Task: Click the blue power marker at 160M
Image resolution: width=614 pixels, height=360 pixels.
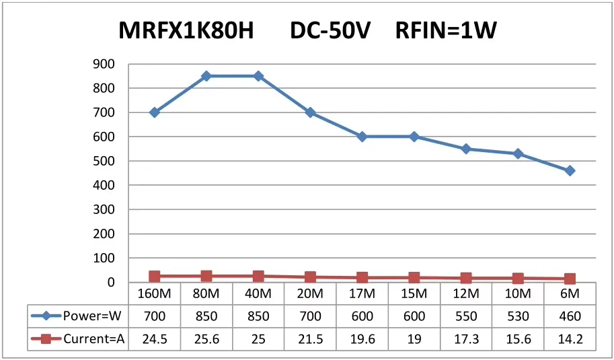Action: [154, 112]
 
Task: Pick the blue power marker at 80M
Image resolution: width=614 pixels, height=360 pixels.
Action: [206, 76]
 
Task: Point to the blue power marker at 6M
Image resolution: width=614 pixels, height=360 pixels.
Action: [570, 171]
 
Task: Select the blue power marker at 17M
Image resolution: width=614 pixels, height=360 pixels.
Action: [362, 137]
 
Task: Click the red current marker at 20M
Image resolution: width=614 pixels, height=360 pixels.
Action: [310, 277]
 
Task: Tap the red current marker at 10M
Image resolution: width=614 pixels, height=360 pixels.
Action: [518, 279]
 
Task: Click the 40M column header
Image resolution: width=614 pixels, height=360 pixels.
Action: [258, 294]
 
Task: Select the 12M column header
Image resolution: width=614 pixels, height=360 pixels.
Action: [466, 294]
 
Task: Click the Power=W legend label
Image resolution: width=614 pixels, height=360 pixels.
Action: [93, 316]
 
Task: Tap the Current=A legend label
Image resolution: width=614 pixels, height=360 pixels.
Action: [94, 339]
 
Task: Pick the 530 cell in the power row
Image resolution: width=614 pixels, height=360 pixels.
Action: [518, 316]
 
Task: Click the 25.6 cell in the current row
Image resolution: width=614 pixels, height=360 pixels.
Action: [206, 339]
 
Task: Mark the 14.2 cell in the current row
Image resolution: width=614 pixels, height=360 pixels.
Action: [570, 339]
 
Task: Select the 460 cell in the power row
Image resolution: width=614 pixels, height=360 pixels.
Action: [570, 316]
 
